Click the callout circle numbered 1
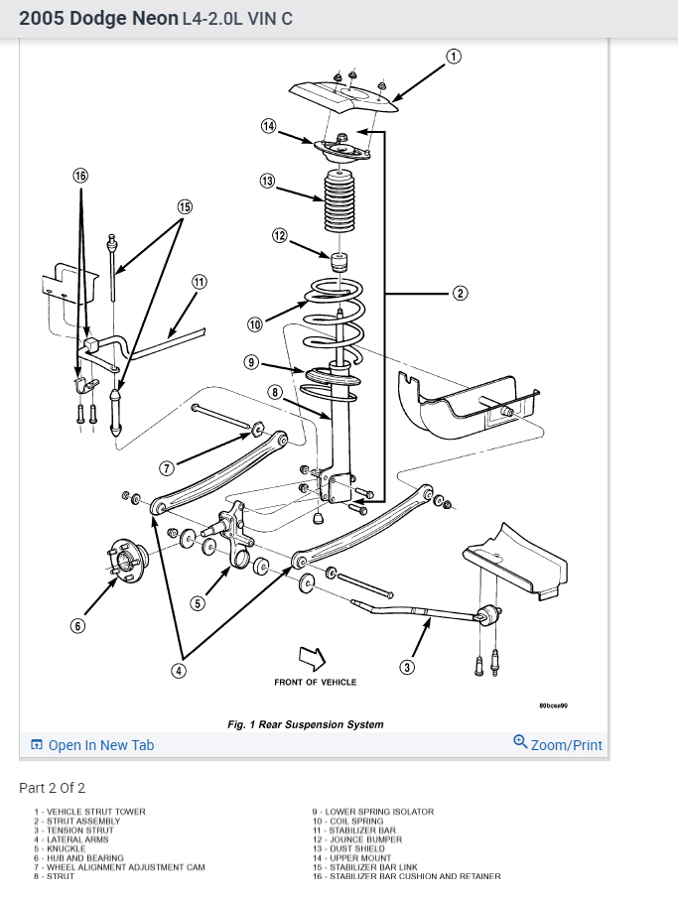[454, 57]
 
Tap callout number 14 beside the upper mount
[268, 126]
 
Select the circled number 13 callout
[267, 181]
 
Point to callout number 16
[80, 176]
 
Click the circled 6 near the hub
[77, 626]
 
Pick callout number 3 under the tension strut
[407, 666]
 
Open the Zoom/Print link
[558, 745]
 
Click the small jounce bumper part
[339, 265]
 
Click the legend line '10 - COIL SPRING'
[347, 822]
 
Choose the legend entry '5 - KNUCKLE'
[60, 849]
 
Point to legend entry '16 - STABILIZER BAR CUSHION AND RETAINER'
[406, 876]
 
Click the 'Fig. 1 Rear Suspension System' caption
[305, 724]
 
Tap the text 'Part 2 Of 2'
[53, 788]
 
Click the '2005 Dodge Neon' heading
[98, 19]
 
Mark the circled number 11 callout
[200, 282]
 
